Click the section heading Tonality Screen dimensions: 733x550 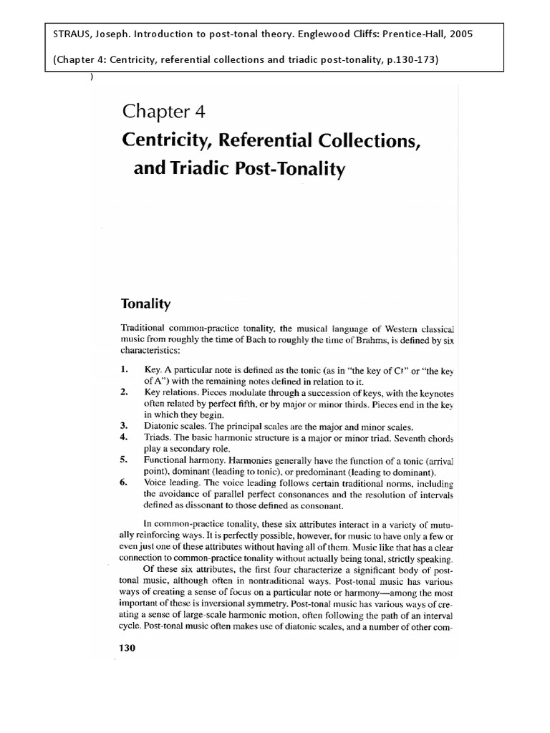[x=148, y=304]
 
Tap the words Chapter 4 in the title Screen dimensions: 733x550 [x=164, y=111]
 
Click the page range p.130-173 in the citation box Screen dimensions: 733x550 [x=407, y=59]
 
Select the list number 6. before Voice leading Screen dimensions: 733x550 [x=125, y=483]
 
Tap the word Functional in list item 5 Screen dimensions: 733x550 [x=167, y=462]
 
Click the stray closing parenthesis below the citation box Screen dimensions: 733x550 [x=92, y=77]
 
